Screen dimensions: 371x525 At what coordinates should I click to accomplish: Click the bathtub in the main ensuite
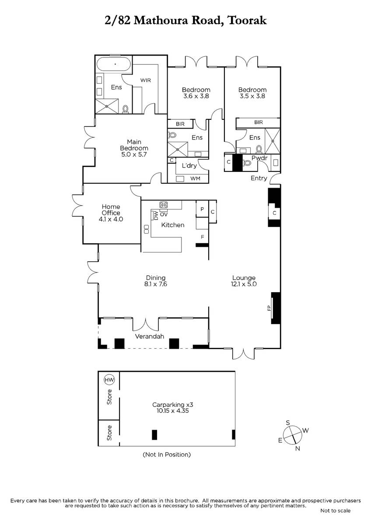tap(114, 64)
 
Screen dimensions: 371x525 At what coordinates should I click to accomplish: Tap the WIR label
tap(145, 80)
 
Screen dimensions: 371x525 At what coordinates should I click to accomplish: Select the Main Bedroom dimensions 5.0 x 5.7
tap(134, 154)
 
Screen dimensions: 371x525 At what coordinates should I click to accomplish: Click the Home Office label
tap(111, 210)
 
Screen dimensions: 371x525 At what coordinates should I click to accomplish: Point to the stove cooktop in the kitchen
tap(164, 205)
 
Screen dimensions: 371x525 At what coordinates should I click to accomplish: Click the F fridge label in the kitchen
tap(202, 237)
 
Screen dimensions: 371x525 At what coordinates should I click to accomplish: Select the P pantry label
tap(202, 209)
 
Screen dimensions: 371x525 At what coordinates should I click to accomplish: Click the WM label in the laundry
tap(195, 178)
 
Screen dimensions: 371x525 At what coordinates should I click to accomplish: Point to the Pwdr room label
tap(259, 158)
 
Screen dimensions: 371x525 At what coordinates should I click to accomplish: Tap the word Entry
tap(259, 178)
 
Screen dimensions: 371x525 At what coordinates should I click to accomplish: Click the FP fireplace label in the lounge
tap(269, 308)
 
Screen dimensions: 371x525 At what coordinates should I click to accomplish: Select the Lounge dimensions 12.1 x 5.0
tap(244, 284)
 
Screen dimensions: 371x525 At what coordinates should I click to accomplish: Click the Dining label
tap(156, 278)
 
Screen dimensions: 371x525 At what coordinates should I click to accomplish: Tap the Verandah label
tap(149, 336)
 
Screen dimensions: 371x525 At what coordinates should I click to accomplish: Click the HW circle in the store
tap(109, 380)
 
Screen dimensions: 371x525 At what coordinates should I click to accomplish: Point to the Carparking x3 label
tap(172, 405)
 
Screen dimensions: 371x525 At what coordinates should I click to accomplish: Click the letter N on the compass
tap(297, 448)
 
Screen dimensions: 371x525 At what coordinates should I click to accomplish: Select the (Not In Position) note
tap(167, 455)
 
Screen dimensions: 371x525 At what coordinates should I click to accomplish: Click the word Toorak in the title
tap(247, 21)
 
